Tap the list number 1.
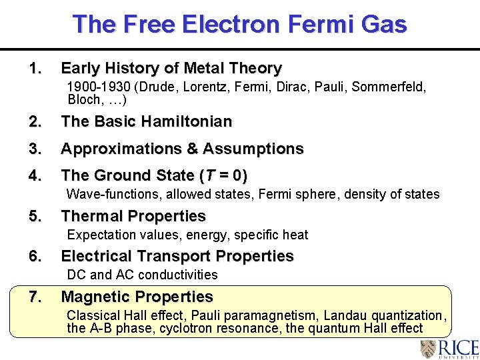click(35, 69)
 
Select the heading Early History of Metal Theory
click(171, 69)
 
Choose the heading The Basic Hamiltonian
click(147, 122)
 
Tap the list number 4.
click(35, 175)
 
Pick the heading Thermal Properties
click(133, 216)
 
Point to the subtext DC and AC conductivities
click(142, 275)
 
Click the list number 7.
click(35, 297)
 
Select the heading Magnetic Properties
click(137, 297)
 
